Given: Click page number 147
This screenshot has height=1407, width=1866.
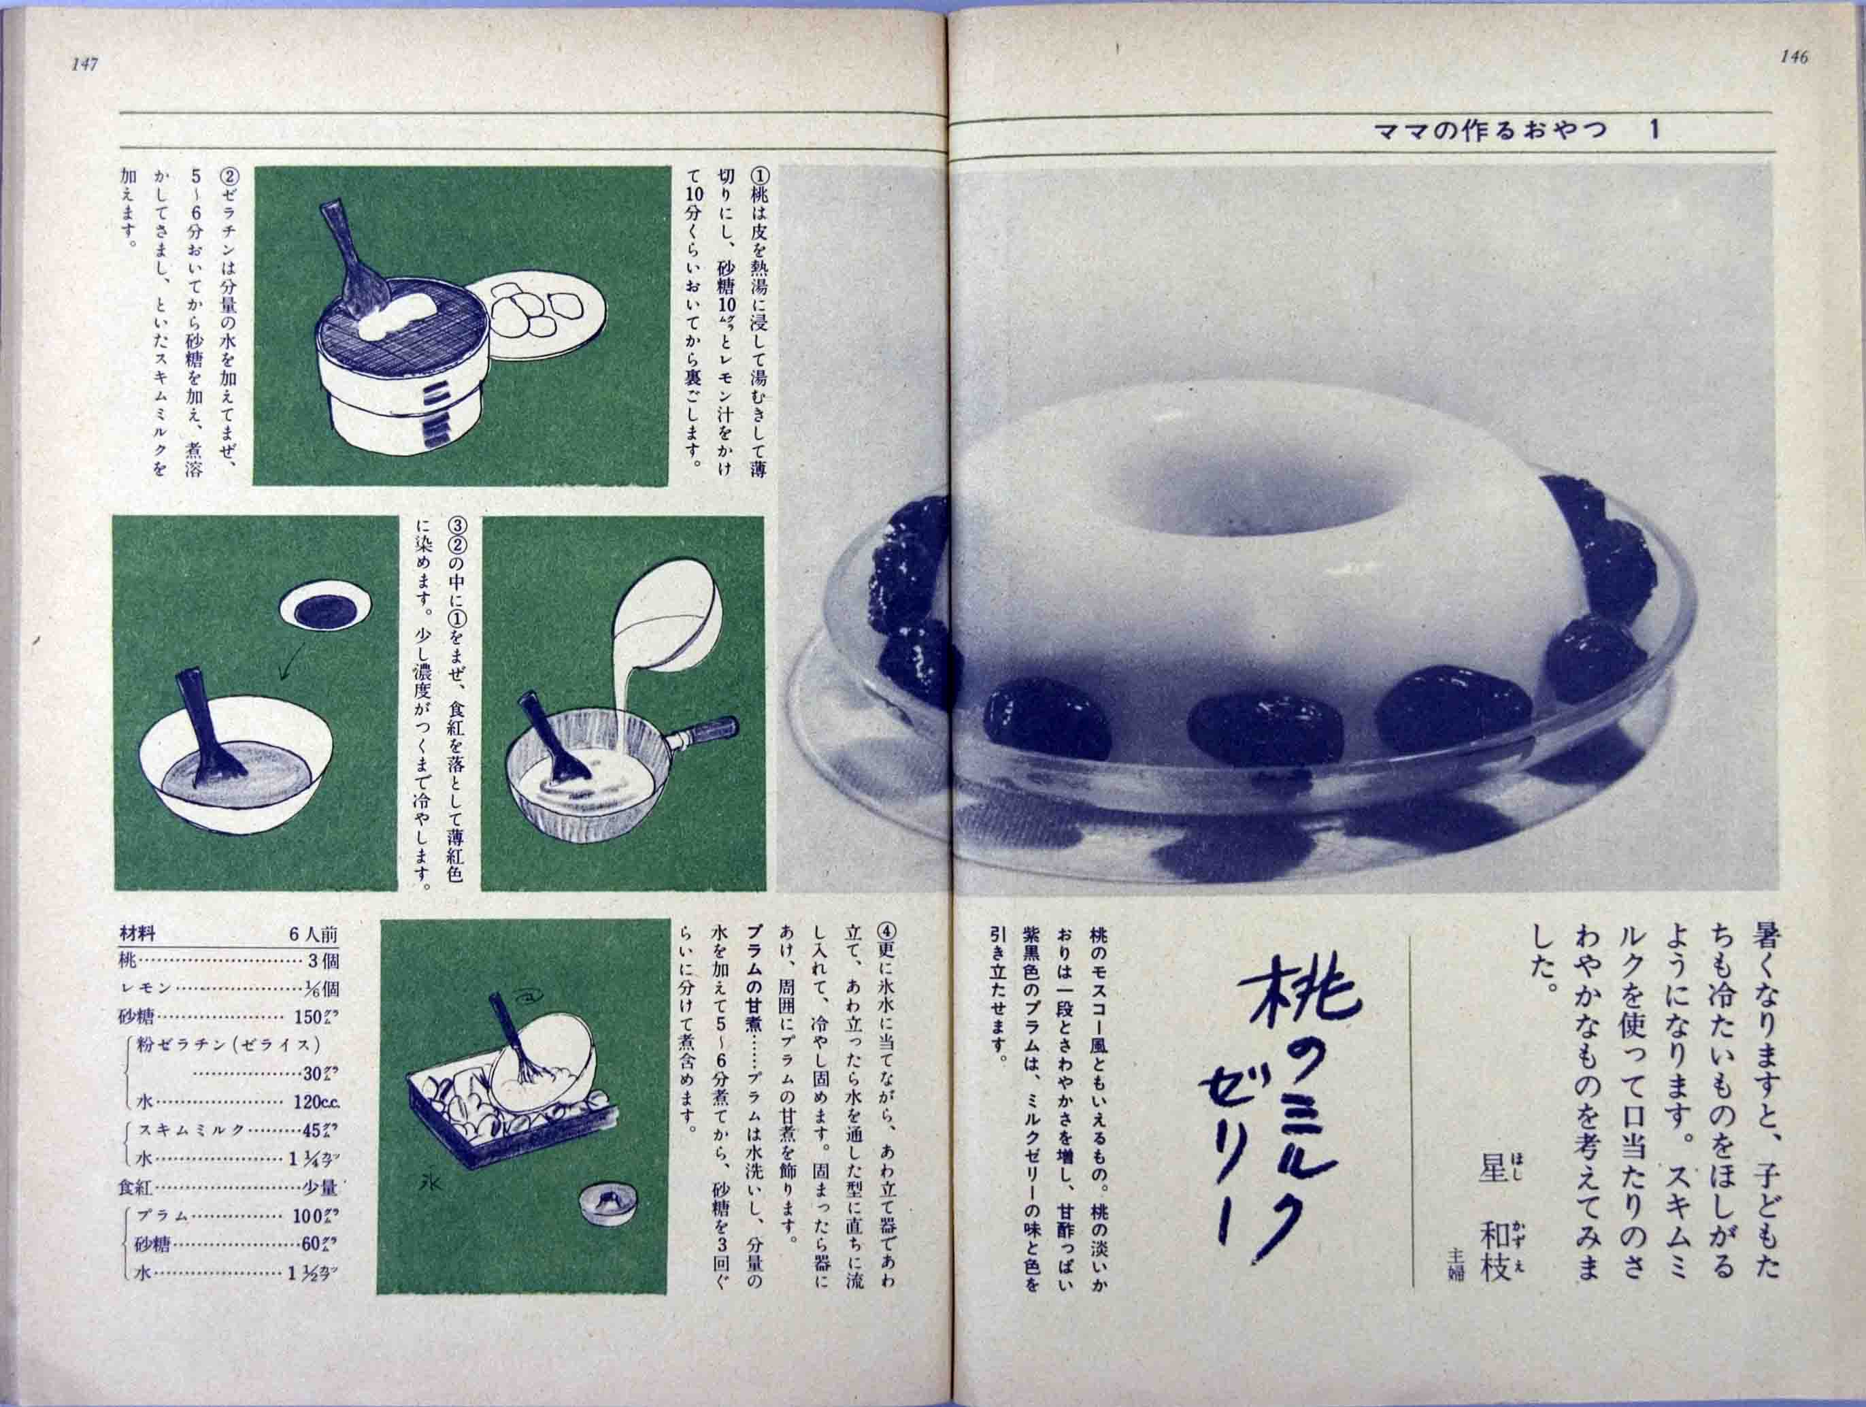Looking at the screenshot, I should point(86,64).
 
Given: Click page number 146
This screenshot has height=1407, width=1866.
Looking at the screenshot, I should point(1793,57).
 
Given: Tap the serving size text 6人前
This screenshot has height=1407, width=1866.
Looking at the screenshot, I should point(313,935).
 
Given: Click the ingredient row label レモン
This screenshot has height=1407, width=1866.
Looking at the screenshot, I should point(147,989).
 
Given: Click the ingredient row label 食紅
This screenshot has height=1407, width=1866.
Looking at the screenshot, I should point(135,1188).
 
